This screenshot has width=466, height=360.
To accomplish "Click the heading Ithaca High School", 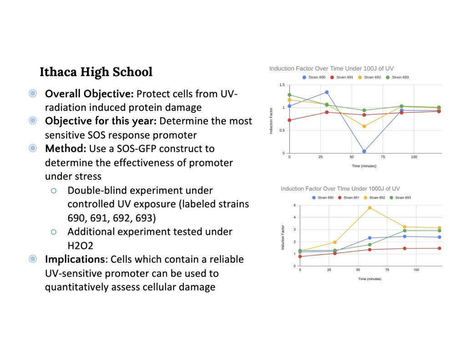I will pos(96,72).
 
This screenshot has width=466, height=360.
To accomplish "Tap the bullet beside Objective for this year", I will pos(33,121).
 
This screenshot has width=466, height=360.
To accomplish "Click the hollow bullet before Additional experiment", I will pos(53,232).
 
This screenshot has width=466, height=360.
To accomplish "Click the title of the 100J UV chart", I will pos(331,68).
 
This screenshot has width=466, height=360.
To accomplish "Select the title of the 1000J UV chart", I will pos(340,188).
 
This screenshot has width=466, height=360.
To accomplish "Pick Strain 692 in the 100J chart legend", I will pos(370,77).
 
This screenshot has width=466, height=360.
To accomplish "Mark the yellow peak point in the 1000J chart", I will pos(370,208).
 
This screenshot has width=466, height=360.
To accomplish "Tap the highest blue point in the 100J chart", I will pos(327,92).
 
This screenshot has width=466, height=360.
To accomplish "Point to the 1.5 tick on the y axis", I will pos(282,85).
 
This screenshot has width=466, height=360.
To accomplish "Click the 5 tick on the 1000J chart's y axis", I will pos(294,205).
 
